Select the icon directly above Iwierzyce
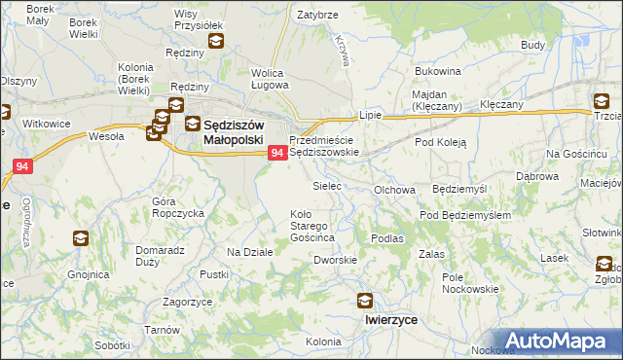click(365, 301)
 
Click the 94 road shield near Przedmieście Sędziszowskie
click(277, 153)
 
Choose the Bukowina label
click(437, 72)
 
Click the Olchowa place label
click(395, 191)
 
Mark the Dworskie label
click(336, 260)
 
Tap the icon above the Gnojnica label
click(80, 237)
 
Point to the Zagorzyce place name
click(188, 303)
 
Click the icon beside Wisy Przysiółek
click(214, 41)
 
